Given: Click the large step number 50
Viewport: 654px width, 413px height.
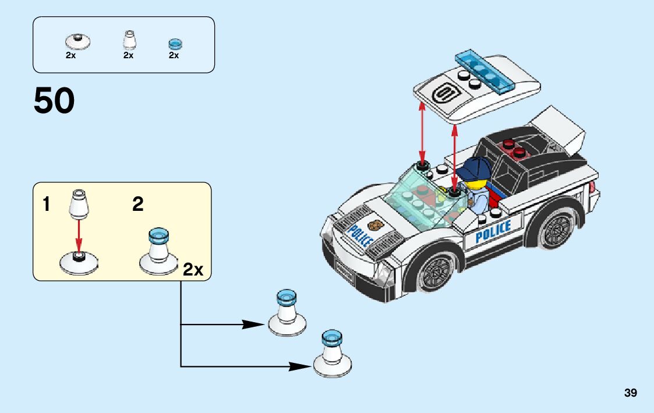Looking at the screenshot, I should tap(54, 100).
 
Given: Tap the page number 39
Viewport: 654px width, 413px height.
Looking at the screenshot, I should tap(630, 393).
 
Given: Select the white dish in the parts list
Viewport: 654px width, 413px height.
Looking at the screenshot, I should tap(77, 40).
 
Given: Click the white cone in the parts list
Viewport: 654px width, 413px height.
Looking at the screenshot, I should tap(128, 40).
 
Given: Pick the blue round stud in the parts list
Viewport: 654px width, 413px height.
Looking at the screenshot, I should tap(175, 43).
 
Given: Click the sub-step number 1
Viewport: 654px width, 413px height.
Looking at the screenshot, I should tap(46, 204).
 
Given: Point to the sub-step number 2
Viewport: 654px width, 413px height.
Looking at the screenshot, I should tap(138, 204).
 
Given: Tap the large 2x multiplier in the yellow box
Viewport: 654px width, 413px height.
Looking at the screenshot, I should tap(193, 269).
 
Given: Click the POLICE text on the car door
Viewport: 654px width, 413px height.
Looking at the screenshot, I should tap(493, 232).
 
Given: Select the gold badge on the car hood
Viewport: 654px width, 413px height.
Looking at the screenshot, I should tap(376, 225).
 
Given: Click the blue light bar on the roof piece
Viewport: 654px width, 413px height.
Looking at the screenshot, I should tap(485, 70).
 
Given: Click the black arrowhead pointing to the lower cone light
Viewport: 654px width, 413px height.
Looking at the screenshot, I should tap(301, 366).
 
